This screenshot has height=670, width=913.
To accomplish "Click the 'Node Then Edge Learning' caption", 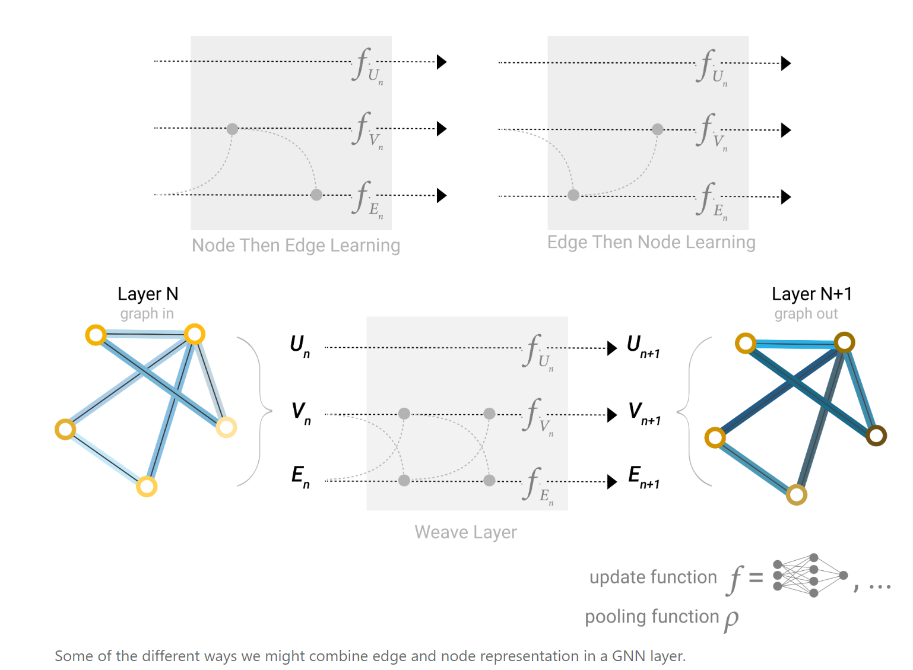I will [x=296, y=245].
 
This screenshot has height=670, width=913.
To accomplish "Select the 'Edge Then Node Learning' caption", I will [x=651, y=242].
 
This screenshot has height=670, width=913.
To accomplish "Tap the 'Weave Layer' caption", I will [x=465, y=532].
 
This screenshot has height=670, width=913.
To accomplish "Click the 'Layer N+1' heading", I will [x=811, y=294].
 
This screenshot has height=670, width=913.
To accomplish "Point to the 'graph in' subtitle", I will [x=147, y=313].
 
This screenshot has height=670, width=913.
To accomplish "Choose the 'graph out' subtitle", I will [x=806, y=313].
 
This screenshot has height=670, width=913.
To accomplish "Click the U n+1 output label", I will [x=643, y=346].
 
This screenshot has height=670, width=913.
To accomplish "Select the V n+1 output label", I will [x=644, y=413].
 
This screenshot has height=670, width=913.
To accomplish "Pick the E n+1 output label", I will [x=643, y=477].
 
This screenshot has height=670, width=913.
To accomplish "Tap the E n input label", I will [x=300, y=477].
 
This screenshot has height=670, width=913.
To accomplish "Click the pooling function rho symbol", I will [x=731, y=619].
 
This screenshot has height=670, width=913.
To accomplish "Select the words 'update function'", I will [x=653, y=577].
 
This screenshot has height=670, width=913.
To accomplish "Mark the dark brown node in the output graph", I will [x=876, y=436].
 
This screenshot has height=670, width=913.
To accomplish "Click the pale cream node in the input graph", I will [x=226, y=427].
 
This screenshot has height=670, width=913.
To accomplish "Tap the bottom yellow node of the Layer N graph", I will [x=147, y=487].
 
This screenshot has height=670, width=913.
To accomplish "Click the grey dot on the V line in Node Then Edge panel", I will [x=232, y=129].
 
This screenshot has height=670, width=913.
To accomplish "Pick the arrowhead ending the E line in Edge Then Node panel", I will [x=786, y=196].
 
